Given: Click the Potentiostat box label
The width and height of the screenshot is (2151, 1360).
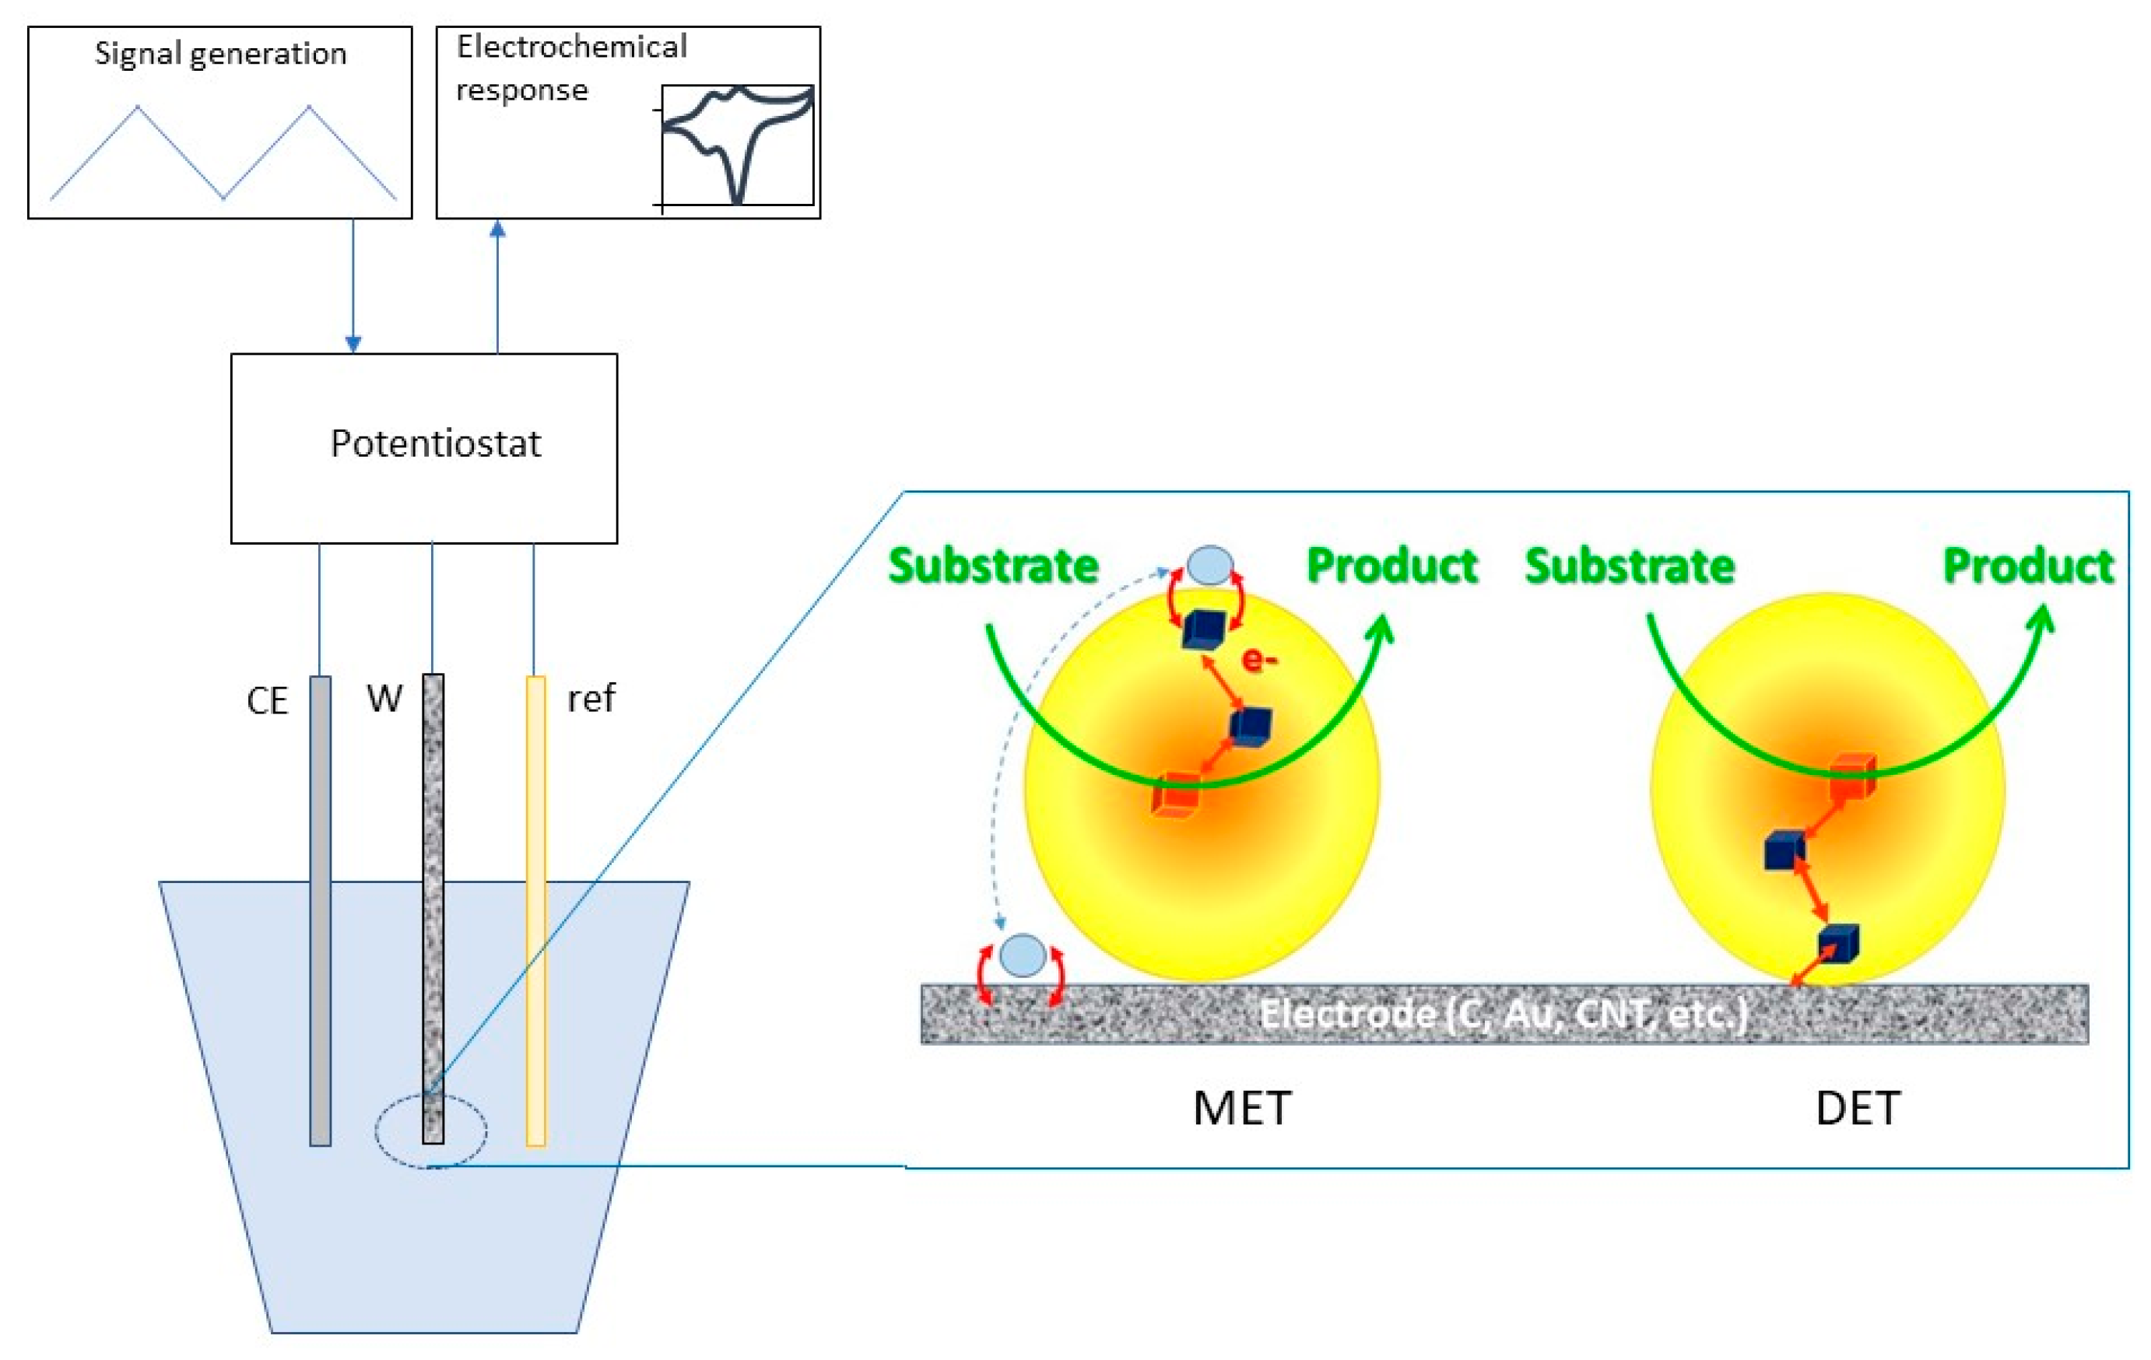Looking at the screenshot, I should tap(435, 443).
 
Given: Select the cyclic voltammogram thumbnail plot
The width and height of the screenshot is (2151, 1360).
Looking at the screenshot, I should tap(737, 145).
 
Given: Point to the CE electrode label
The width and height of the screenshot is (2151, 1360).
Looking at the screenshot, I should tap(267, 701).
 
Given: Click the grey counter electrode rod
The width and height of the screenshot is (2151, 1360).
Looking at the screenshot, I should tap(320, 911).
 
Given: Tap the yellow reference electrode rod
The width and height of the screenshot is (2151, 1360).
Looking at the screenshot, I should tap(535, 911).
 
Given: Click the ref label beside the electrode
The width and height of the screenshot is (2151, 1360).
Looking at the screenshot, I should tap(591, 699).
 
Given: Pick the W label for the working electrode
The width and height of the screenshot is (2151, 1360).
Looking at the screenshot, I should tap(384, 699).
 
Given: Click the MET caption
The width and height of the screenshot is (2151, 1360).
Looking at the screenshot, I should tap(1241, 1108).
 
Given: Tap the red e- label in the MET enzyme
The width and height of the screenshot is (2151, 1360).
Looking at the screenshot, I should tap(1259, 660).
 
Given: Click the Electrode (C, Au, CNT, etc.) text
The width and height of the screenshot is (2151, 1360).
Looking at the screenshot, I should tap(1504, 1014).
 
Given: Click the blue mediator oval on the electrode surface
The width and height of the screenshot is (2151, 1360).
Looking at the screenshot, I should tap(1023, 955).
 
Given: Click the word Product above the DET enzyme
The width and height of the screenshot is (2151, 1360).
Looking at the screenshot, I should tap(2028, 566).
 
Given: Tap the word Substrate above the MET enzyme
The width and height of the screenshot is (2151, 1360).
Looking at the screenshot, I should tap(993, 566).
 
